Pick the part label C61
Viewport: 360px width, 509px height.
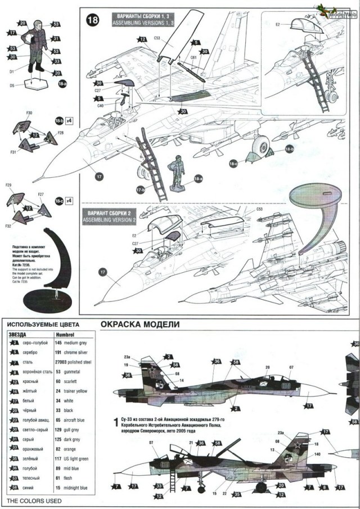193,57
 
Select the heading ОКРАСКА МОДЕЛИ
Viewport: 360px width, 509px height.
139,325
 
